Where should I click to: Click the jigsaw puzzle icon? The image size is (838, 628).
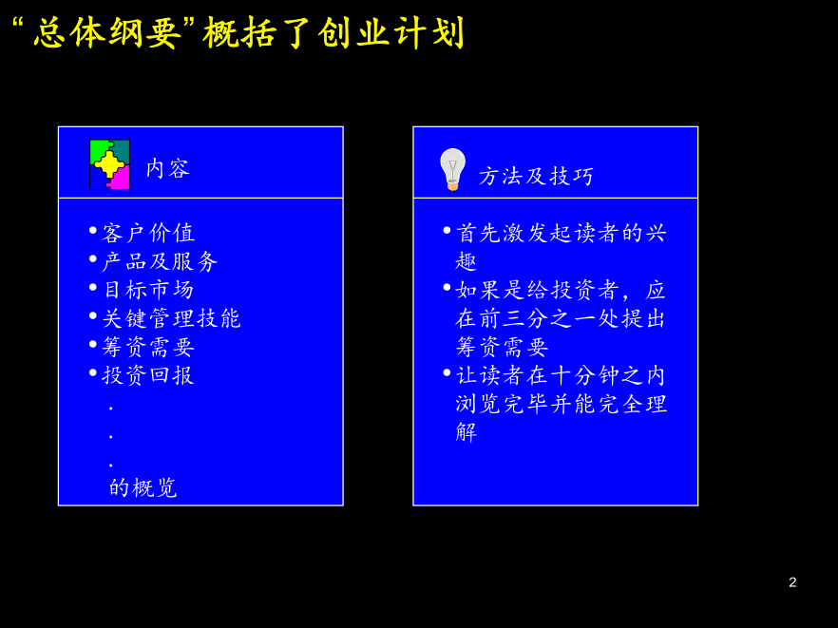point(109,164)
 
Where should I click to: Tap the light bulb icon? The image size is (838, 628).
point(452,169)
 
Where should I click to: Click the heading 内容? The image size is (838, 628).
point(168,168)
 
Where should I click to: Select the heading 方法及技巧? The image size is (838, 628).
point(536,176)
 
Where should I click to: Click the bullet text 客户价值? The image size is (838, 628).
point(148,233)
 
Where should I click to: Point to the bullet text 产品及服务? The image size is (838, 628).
point(160,261)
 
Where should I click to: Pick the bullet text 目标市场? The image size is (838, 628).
point(148,290)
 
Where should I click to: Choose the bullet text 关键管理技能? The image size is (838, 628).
point(172,318)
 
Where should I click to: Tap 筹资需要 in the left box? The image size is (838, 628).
point(148,347)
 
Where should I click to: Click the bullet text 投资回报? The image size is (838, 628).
point(148,375)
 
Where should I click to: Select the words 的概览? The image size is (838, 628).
point(143,487)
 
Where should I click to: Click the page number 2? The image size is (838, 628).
point(792,582)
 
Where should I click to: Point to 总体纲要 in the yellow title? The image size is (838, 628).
point(106,33)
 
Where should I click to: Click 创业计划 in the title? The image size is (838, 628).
point(390,33)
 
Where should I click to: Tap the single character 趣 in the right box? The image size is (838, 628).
point(466,261)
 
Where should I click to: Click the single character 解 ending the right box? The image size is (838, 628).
point(466,432)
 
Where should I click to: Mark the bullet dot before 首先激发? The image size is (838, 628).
point(448,230)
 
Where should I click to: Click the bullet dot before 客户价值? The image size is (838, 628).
point(93,230)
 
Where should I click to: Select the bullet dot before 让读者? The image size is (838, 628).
point(448,372)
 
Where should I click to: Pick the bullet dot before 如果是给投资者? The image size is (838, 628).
point(448,287)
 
